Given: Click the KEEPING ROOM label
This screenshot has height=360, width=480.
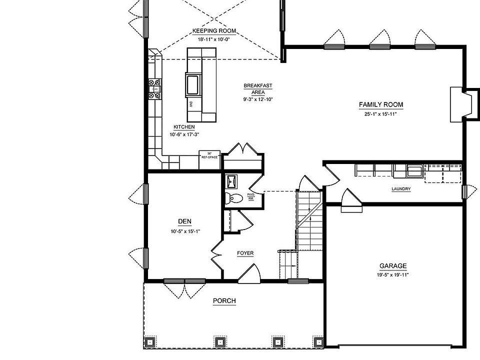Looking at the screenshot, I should tap(214, 31).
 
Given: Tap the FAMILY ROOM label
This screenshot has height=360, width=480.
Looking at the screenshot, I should tap(380, 104).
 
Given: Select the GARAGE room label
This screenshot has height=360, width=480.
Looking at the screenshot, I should tap(392, 266).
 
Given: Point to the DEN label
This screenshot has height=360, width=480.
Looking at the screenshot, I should tap(184, 221).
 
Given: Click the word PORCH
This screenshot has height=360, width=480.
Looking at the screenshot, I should tap(224, 300).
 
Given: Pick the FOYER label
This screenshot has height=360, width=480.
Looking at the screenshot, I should tap(245, 253).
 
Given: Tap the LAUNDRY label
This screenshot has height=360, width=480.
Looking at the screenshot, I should tap(401, 189).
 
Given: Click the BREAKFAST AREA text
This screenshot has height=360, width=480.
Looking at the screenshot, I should tap(257, 88).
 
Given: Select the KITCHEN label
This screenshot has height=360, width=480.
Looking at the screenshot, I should tap(184, 127).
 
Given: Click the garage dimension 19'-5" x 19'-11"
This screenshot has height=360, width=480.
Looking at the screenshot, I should tap(392, 275).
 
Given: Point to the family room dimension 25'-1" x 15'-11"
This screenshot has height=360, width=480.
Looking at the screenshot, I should tap(380, 114).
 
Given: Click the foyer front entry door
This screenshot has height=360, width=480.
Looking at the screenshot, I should tap(248, 274).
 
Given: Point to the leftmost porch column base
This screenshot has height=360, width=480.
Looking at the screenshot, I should tap(149, 342).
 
